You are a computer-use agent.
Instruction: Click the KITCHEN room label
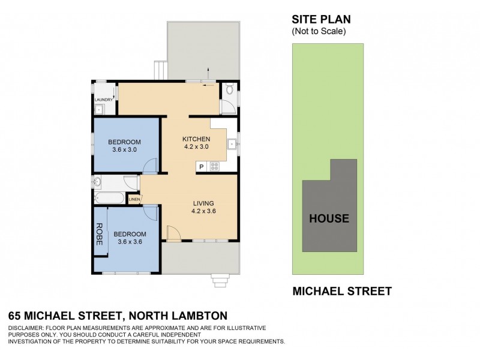click(x=196, y=139)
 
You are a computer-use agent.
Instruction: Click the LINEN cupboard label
click(x=134, y=199)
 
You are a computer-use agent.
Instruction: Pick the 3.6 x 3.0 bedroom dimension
click(x=125, y=150)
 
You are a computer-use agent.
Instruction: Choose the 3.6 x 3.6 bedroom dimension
click(x=130, y=242)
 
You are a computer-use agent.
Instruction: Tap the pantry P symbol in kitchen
click(x=202, y=167)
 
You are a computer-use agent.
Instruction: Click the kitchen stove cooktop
click(x=214, y=167)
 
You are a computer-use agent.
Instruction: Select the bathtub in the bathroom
click(x=109, y=198)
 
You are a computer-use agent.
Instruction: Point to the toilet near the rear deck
click(x=229, y=91)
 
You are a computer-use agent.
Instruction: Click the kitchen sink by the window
click(x=231, y=143)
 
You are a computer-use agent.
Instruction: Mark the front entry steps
click(x=221, y=279)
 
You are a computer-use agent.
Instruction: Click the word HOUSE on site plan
click(x=329, y=218)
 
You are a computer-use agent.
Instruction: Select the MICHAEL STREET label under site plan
click(x=341, y=292)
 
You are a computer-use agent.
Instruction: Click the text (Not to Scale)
click(x=319, y=31)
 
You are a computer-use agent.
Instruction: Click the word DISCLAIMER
click(x=26, y=328)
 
